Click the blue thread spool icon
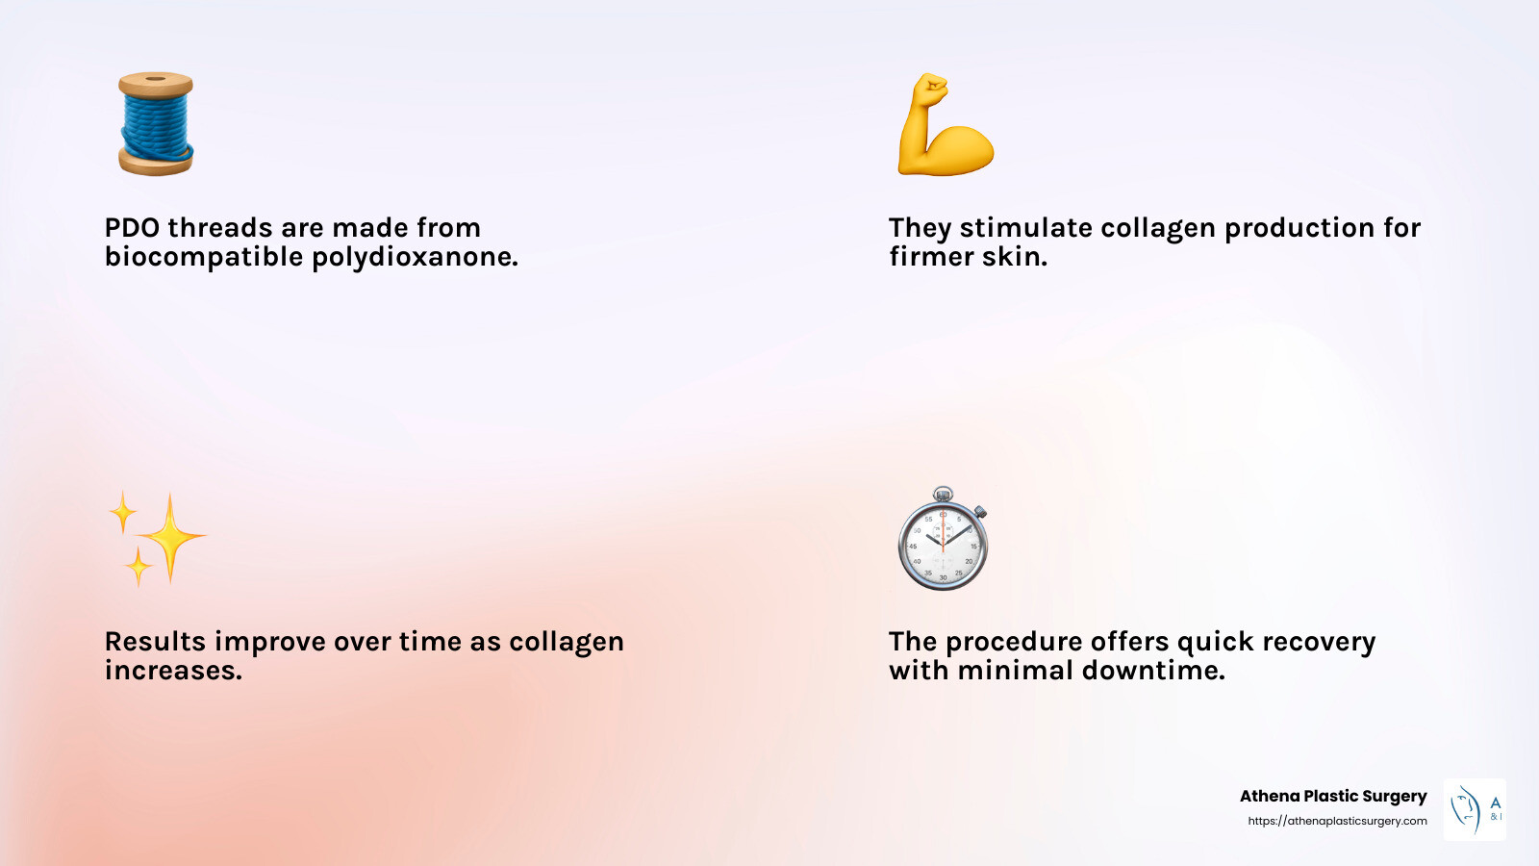point(156,124)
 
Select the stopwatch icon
point(943,541)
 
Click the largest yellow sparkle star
point(170,537)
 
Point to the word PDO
point(133,228)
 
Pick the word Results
point(155,642)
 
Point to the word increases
point(173,671)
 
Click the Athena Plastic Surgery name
point(1332,796)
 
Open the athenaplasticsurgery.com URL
point(1337,821)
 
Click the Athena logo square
point(1475,809)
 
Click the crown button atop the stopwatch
point(944,494)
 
